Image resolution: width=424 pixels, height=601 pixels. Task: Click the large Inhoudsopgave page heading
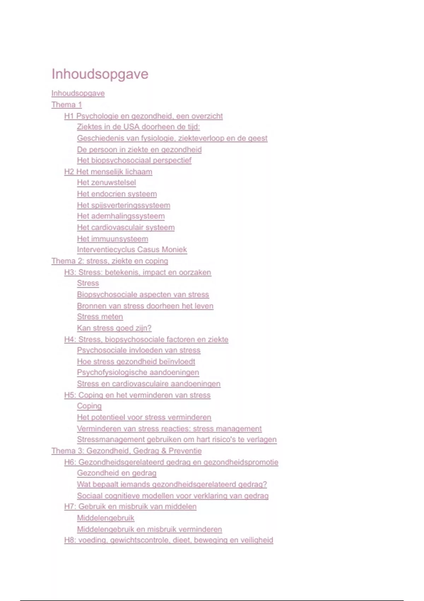(x=100, y=74)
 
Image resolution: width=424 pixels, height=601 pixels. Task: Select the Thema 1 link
(x=66, y=105)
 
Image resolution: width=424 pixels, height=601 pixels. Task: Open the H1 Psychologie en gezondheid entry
(x=143, y=116)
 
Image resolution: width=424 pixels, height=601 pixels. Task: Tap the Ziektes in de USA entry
(x=138, y=127)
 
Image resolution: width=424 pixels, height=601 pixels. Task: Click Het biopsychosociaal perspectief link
(x=134, y=161)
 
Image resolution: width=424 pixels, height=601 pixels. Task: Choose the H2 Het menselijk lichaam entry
(x=108, y=172)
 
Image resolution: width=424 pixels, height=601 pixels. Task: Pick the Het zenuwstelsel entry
(x=106, y=183)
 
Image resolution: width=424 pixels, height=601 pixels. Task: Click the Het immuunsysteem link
(x=112, y=239)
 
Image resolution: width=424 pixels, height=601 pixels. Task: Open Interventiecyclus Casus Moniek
(x=132, y=250)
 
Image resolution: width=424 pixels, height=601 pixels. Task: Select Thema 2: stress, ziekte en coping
(x=110, y=261)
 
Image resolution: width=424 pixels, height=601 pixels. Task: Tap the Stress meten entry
(x=100, y=317)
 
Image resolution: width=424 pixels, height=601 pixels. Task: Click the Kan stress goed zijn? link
(x=114, y=328)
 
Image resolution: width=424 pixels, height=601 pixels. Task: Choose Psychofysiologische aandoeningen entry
(x=138, y=373)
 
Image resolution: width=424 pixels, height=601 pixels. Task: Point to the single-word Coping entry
(x=89, y=406)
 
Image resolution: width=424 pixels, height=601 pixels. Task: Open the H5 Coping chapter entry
(x=137, y=395)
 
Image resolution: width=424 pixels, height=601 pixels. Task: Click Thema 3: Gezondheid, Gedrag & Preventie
(x=126, y=451)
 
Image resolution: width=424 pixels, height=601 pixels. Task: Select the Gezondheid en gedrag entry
(x=117, y=473)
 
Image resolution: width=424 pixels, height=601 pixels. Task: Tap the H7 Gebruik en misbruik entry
(x=130, y=507)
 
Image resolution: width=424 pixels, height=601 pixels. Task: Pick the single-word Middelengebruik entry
(x=106, y=518)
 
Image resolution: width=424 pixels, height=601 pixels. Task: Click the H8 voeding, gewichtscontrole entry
(x=169, y=540)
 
